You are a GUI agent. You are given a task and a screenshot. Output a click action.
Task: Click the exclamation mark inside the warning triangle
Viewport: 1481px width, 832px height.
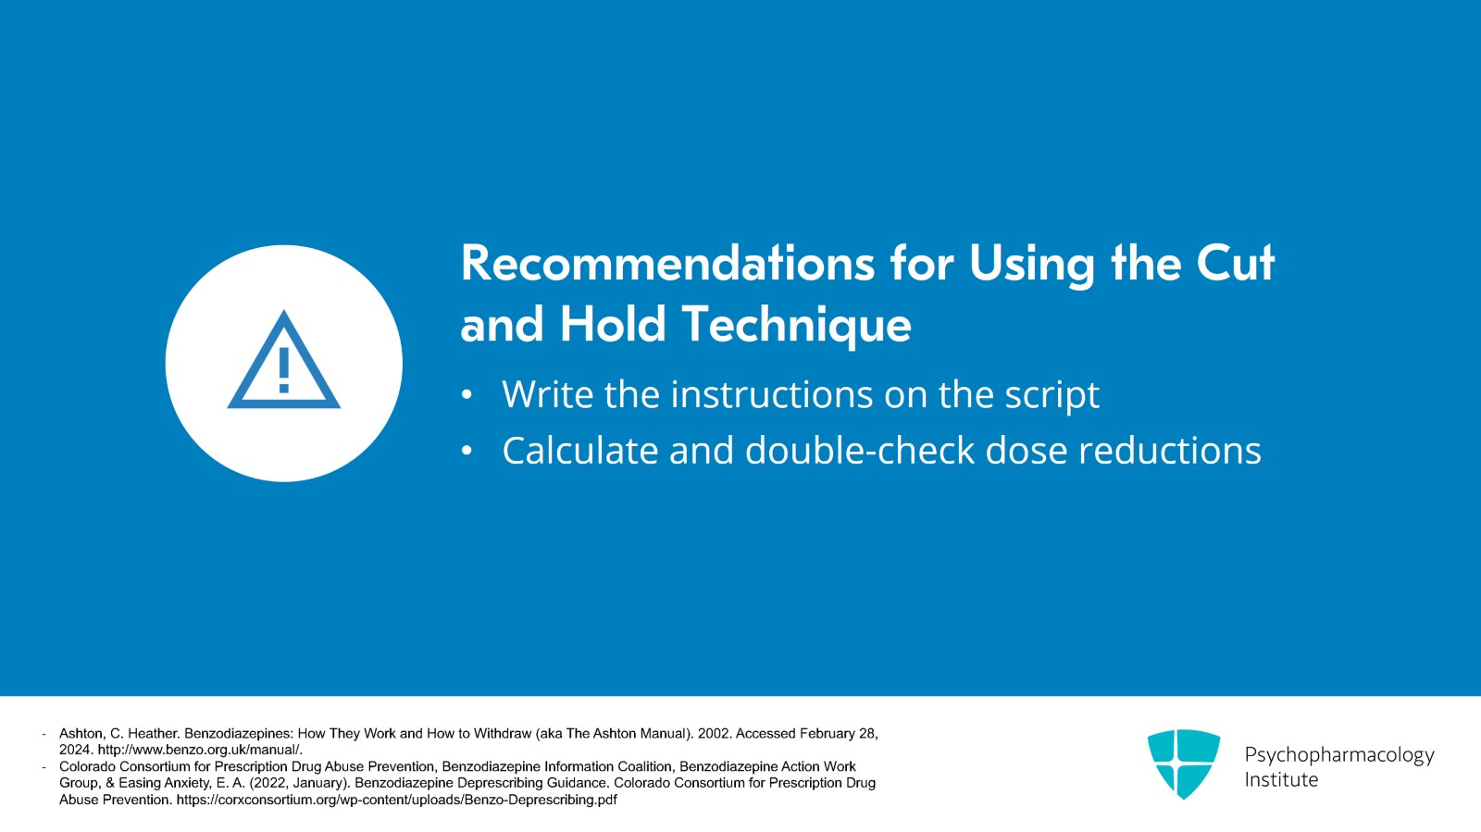pos(283,370)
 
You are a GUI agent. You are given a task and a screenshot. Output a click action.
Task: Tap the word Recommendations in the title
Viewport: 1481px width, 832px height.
pos(667,263)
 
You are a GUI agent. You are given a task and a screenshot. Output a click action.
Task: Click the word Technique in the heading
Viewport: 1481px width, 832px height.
pos(797,325)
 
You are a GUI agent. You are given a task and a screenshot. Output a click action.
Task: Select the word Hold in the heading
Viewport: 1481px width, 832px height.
pos(612,324)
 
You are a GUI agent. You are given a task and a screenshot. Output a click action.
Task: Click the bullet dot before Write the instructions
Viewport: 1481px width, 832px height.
pos(467,395)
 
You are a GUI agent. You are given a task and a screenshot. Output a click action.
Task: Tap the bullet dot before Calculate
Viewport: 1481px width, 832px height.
pos(467,451)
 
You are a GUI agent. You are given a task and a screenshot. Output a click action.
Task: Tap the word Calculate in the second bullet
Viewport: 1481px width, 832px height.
pos(580,450)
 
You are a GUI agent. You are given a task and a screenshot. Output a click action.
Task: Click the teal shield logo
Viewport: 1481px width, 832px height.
pos(1184,764)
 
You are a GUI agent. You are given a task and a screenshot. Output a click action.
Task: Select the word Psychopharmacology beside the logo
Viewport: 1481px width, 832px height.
pos(1339,755)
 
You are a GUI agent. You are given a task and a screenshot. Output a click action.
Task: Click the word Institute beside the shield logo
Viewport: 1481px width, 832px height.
pos(1281,780)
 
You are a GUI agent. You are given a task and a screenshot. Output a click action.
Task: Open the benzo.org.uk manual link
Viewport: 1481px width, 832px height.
pos(200,750)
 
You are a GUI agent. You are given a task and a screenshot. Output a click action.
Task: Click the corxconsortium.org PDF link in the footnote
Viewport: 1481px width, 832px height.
pos(397,800)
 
